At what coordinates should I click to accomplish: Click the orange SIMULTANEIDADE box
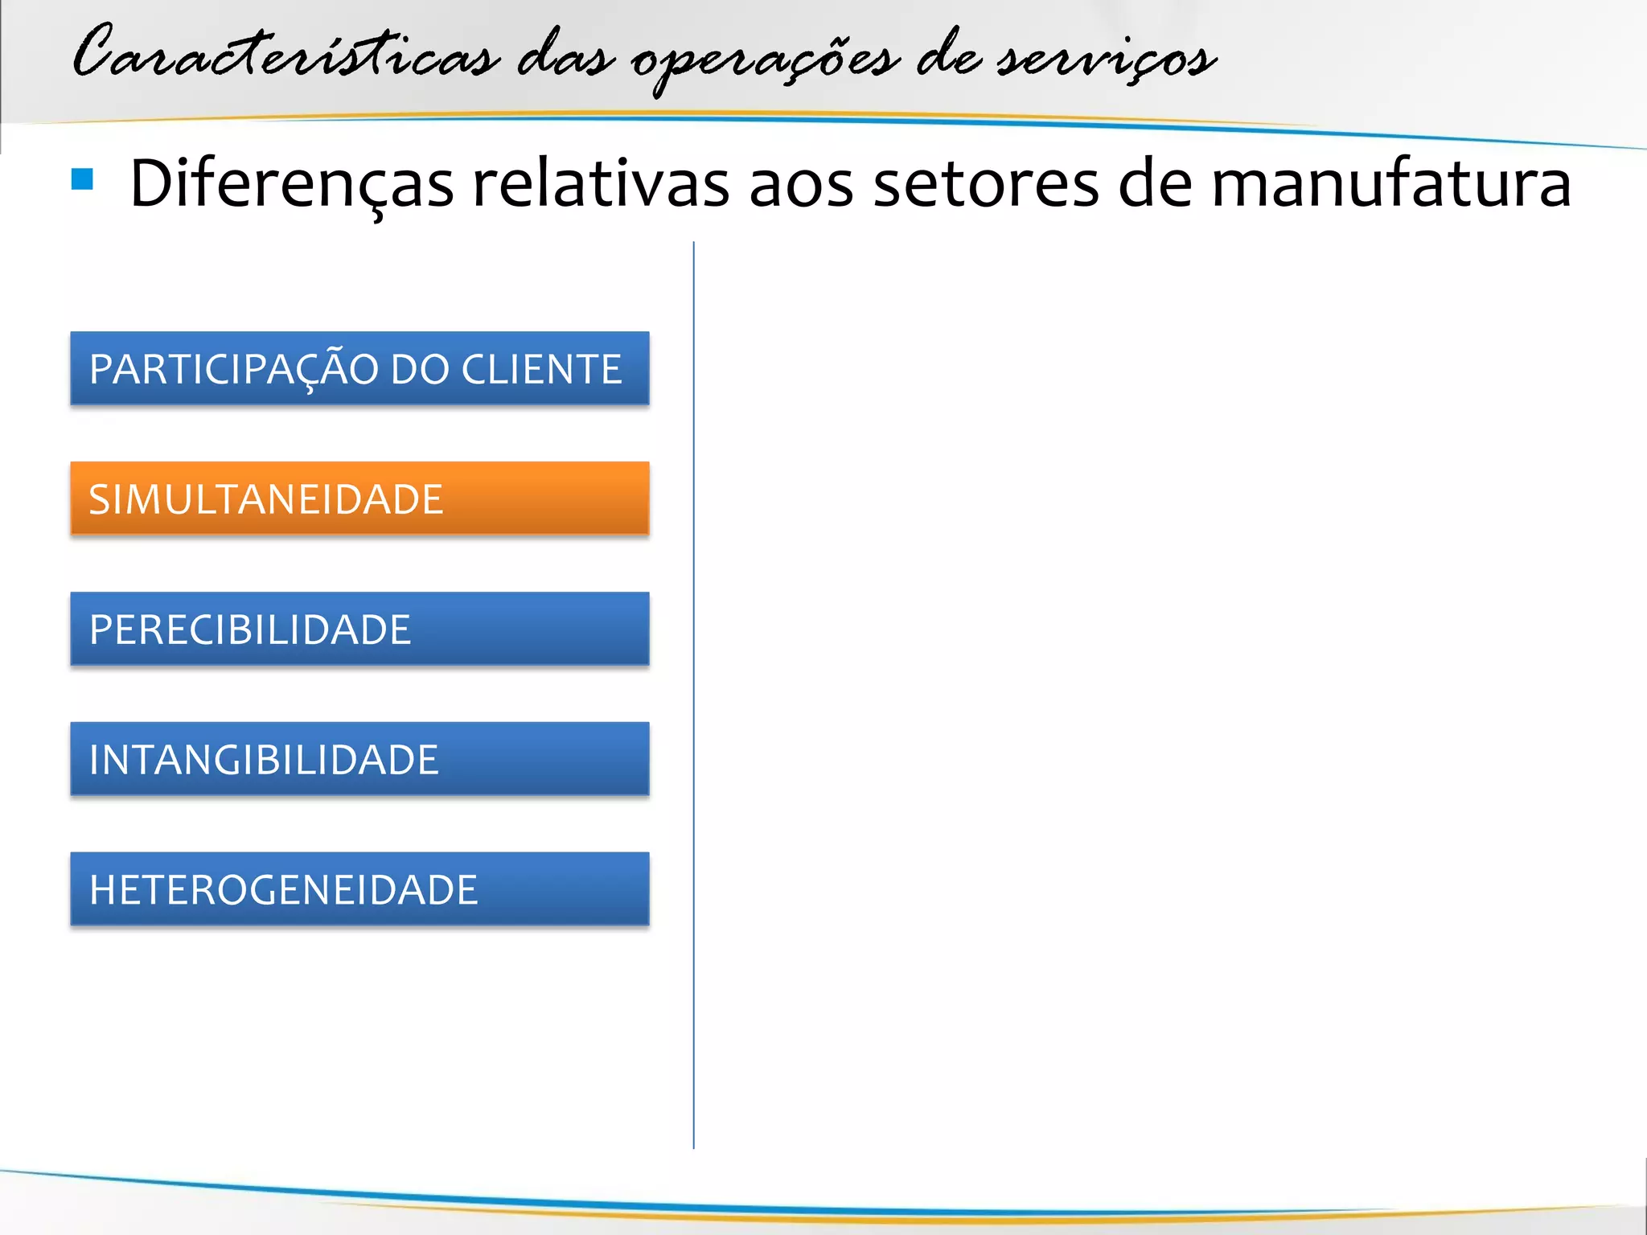point(359,499)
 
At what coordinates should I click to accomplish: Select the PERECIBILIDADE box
point(359,629)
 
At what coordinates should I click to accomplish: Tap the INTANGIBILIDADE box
point(359,759)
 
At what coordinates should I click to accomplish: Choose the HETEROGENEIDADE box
point(359,889)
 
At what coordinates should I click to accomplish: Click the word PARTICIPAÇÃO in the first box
point(234,370)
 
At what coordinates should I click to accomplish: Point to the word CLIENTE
point(541,370)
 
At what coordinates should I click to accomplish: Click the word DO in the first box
point(419,370)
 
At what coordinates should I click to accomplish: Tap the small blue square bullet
point(82,178)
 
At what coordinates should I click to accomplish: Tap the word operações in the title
point(764,60)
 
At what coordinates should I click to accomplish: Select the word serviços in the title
point(1107,58)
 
